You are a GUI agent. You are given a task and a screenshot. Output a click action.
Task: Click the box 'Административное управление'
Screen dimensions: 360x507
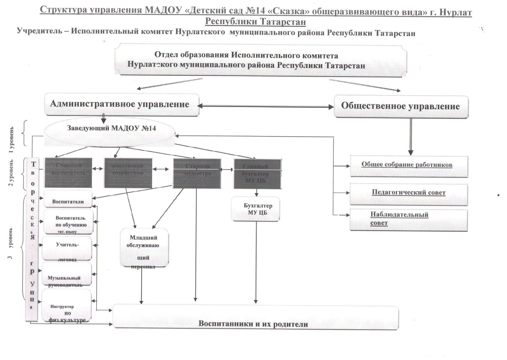pos(121,104)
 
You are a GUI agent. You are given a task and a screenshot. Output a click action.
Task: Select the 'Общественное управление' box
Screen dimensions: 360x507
pos(401,107)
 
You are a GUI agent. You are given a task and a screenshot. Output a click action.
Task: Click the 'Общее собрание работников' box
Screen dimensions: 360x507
pos(408,166)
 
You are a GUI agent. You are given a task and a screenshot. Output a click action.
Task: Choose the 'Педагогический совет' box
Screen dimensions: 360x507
pos(408,193)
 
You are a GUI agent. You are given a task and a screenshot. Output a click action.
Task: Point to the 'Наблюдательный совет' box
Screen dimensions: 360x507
pos(408,219)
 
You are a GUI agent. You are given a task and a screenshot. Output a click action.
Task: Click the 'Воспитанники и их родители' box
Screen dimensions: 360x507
pos(255,318)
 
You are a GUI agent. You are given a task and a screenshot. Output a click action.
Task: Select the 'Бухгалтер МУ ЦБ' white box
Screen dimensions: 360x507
pos(256,209)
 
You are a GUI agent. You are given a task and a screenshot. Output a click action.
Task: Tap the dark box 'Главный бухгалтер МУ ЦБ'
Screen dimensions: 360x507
pos(257,173)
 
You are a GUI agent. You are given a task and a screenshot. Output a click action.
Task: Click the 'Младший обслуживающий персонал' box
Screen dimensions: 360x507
pos(144,247)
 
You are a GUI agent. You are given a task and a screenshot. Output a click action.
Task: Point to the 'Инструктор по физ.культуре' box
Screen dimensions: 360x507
pos(67,305)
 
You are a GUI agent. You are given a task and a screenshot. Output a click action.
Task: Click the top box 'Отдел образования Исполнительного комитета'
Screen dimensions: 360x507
pos(260,60)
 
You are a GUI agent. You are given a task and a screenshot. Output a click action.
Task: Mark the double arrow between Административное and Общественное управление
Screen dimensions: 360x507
pos(266,106)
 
